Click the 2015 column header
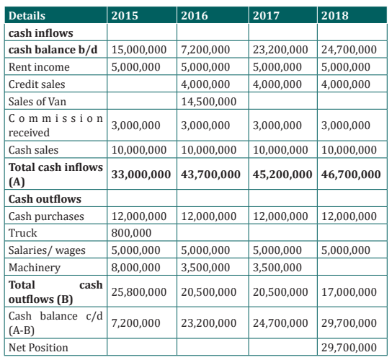(125, 16)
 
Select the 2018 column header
(335, 16)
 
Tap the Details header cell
(27, 16)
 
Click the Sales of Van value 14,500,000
(208, 102)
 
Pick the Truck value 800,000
(131, 233)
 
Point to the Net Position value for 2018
(349, 348)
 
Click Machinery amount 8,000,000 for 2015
(135, 268)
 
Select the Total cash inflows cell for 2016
(210, 175)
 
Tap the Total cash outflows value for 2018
(349, 292)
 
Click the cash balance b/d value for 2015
(139, 50)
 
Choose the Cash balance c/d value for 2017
(280, 323)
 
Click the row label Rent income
(39, 67)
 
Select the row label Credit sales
(37, 84)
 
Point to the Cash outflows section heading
(45, 199)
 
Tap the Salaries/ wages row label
(47, 250)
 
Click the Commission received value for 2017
(277, 126)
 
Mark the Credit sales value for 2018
(346, 84)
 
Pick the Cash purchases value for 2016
(208, 216)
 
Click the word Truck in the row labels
(23, 233)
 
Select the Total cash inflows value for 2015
(141, 175)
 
